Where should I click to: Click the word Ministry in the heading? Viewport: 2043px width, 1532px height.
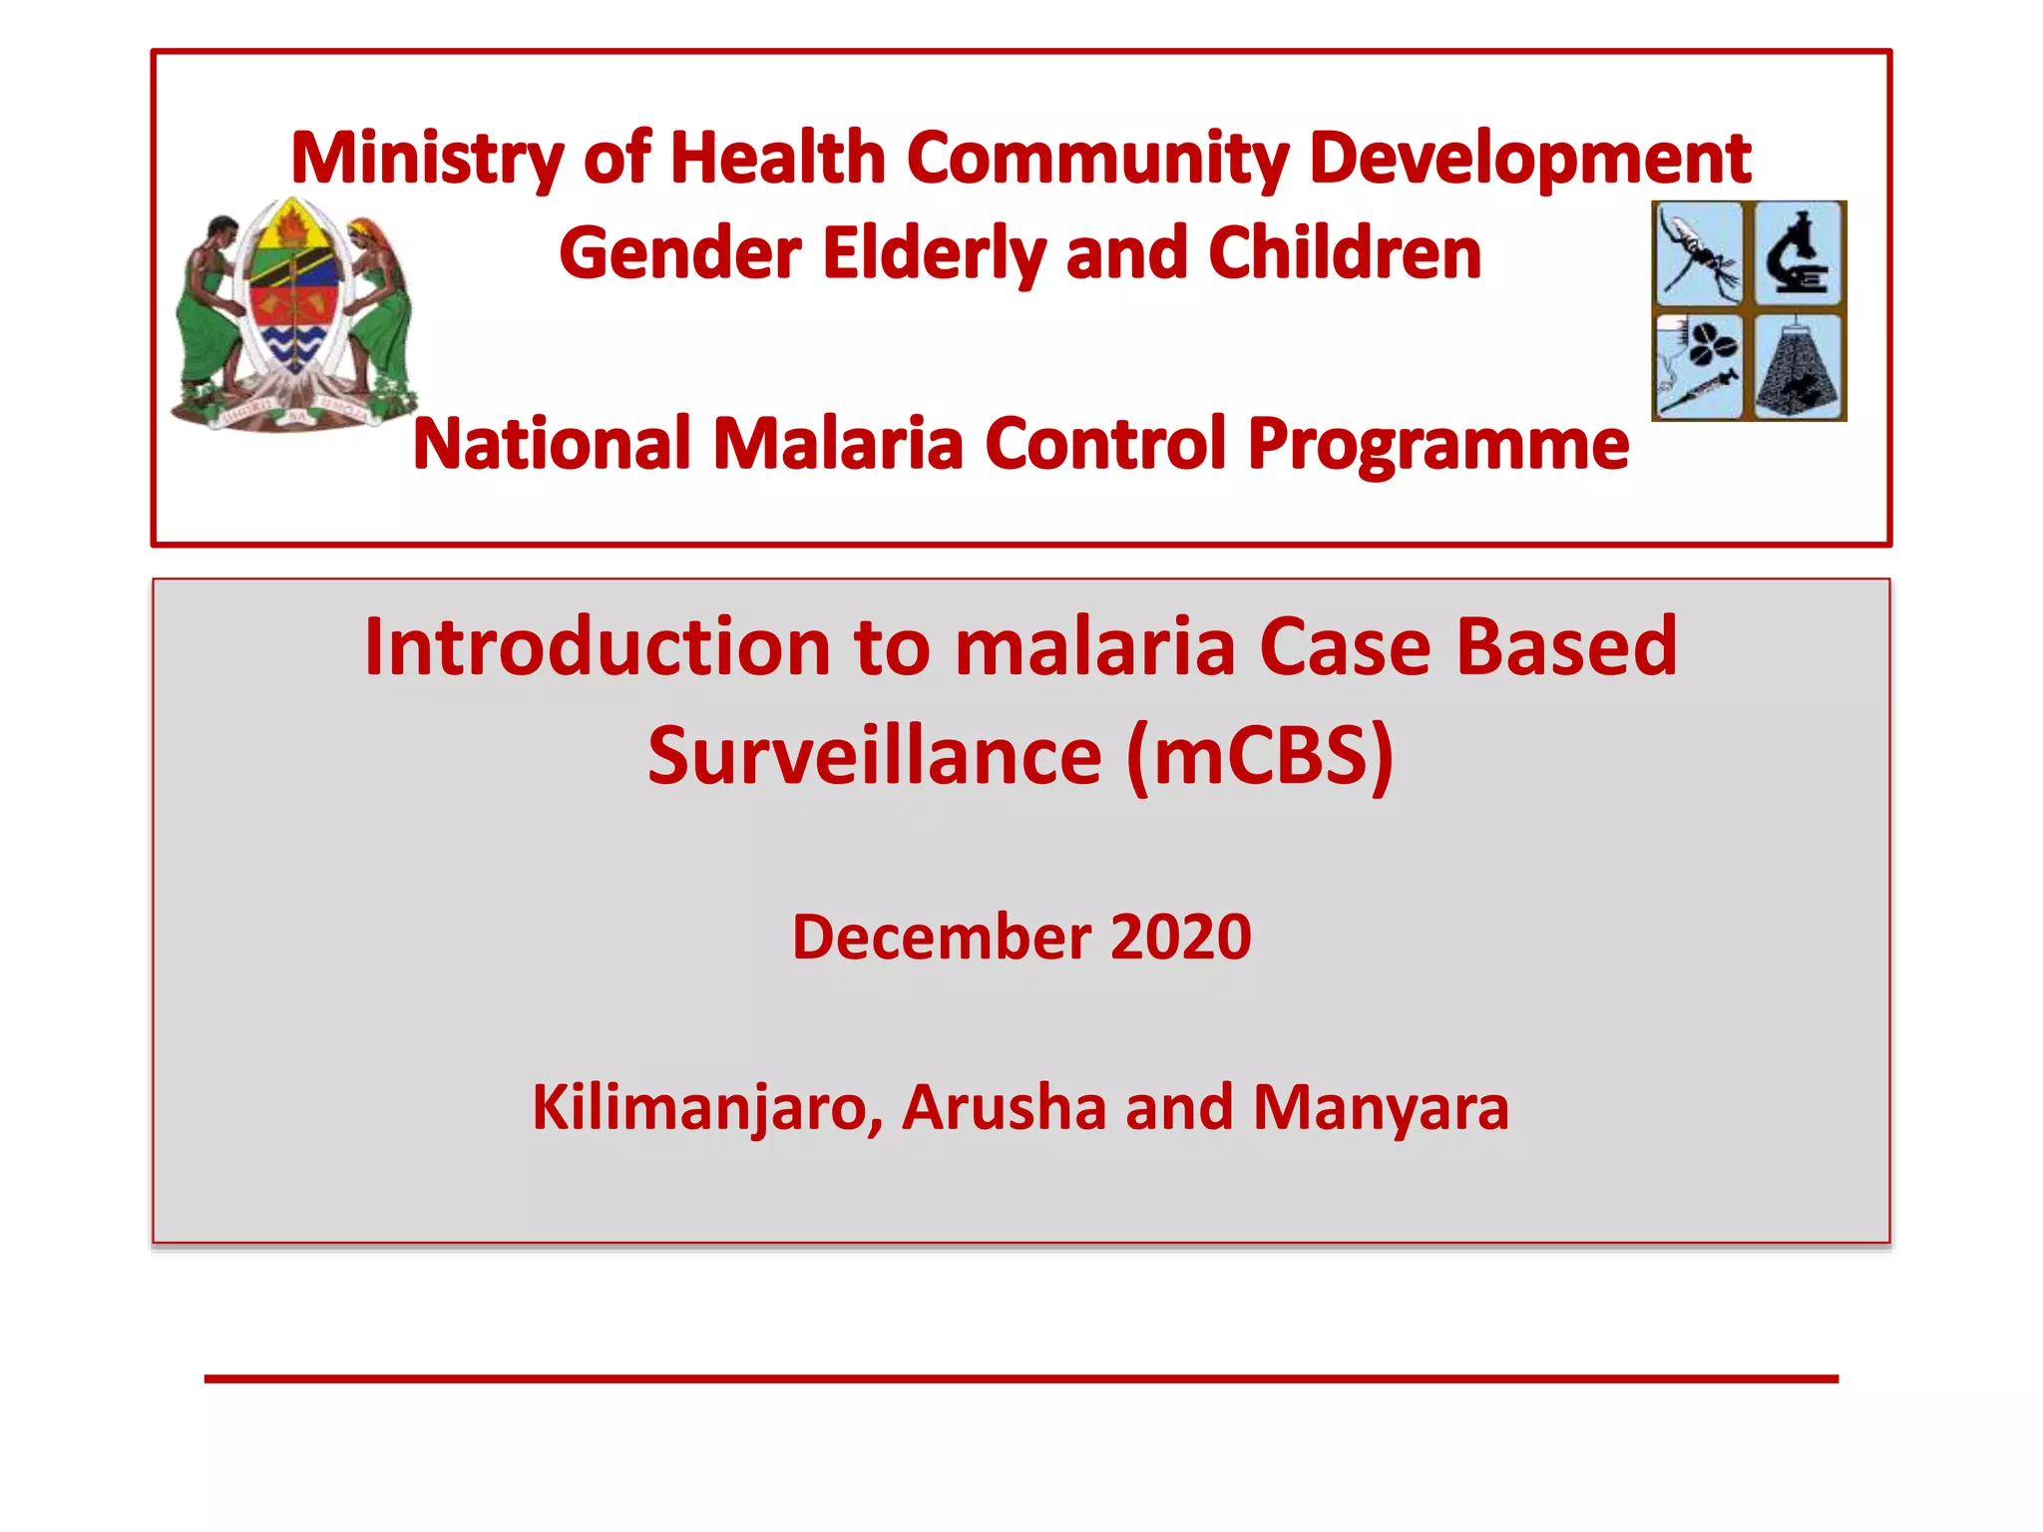pos(427,160)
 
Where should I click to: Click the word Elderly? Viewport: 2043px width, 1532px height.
pos(934,254)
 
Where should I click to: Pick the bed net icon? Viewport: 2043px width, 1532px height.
pos(1799,367)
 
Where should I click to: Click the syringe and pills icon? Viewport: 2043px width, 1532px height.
pos(1699,367)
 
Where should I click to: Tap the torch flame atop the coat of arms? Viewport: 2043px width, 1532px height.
pos(292,221)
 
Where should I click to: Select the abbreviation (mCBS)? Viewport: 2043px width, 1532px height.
pos(1259,756)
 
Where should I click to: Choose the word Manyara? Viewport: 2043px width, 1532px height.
pos(1381,1108)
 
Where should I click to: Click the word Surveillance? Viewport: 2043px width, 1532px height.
pos(874,756)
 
